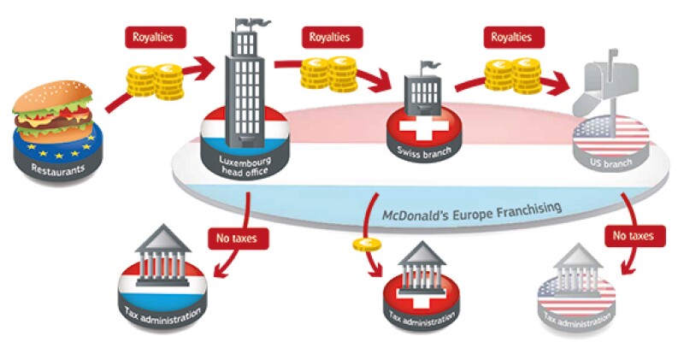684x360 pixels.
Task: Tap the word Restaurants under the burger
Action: (x=51, y=169)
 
